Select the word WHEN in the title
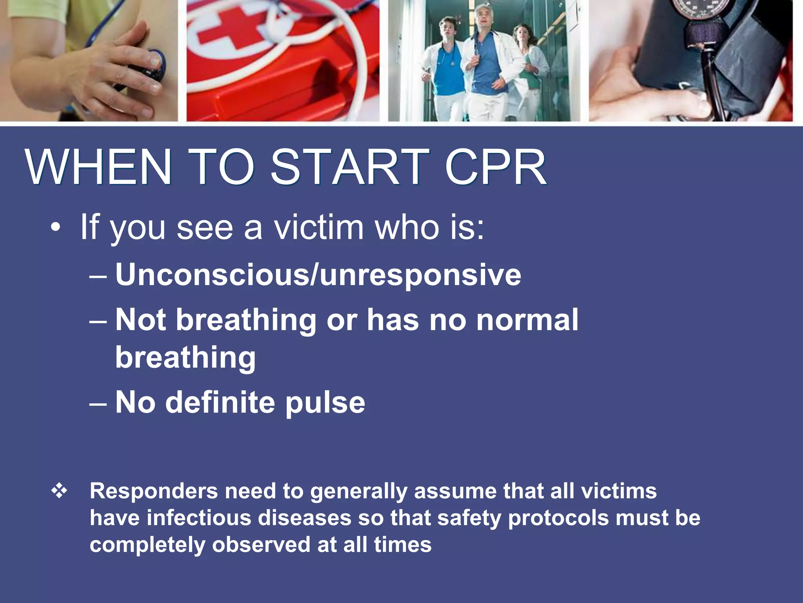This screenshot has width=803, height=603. [x=98, y=166]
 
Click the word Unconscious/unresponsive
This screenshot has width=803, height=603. [x=318, y=274]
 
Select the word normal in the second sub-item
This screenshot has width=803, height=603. [x=527, y=320]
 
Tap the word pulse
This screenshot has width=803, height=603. [x=325, y=402]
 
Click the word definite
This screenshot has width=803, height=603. [x=220, y=402]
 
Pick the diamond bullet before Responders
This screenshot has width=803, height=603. [x=59, y=491]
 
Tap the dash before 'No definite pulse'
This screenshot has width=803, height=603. [x=98, y=404]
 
